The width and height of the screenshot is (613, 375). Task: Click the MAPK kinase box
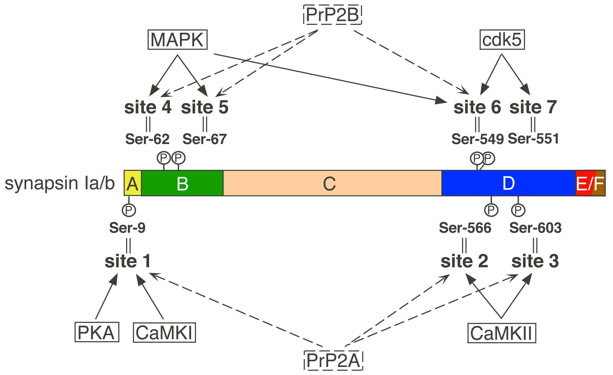pyautogui.click(x=177, y=40)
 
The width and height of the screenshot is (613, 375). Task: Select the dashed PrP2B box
pyautogui.click(x=333, y=15)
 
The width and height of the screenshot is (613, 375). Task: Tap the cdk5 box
pyautogui.click(x=502, y=40)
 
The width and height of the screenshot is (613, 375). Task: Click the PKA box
pyautogui.click(x=97, y=332)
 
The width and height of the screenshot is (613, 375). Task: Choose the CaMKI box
pyautogui.click(x=164, y=332)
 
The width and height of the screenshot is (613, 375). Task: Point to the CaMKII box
pyautogui.click(x=502, y=333)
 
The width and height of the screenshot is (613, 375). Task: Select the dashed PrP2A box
pyautogui.click(x=333, y=360)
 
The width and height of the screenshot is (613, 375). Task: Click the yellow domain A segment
pyautogui.click(x=133, y=183)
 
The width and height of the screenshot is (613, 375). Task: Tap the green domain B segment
pyautogui.click(x=182, y=183)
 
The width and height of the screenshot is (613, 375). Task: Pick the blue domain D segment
pyautogui.click(x=508, y=183)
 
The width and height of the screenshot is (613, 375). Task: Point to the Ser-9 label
pyautogui.click(x=127, y=228)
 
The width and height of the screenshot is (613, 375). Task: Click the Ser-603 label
pyautogui.click(x=535, y=228)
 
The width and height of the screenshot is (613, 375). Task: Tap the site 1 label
pyautogui.click(x=128, y=261)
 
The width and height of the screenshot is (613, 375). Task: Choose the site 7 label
pyautogui.click(x=533, y=107)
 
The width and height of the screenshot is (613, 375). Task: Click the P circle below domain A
pyautogui.click(x=129, y=210)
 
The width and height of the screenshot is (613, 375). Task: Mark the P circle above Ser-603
pyautogui.click(x=518, y=210)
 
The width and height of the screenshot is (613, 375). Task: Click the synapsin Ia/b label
pyautogui.click(x=60, y=183)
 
